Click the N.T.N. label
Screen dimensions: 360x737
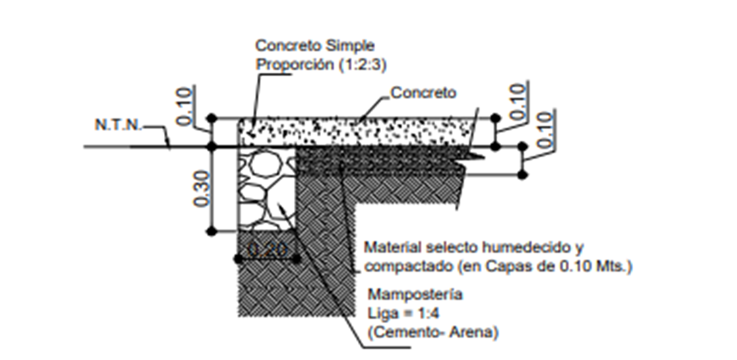tap(118, 123)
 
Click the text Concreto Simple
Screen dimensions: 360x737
tap(315, 46)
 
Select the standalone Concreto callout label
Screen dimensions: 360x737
tap(423, 93)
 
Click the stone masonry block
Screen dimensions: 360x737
tap(265, 189)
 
